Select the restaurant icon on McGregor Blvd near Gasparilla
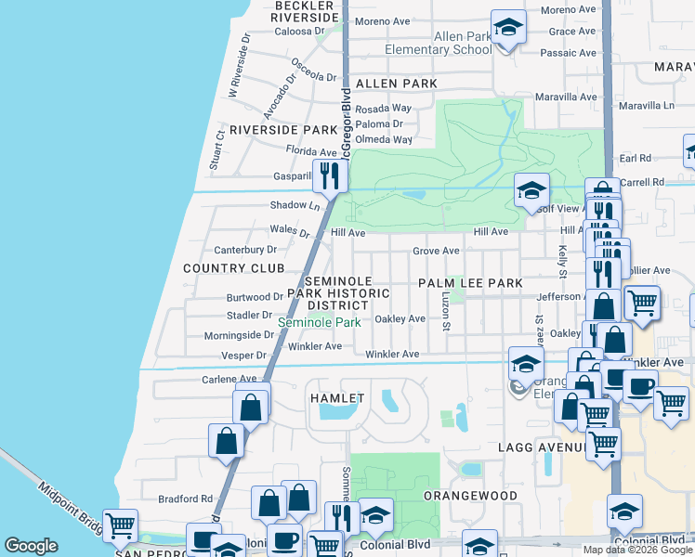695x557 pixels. tap(330, 175)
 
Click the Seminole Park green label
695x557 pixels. tap(319, 322)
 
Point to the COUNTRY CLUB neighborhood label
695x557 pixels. tap(233, 268)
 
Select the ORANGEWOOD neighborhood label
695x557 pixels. tap(470, 496)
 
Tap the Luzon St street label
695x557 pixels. tap(446, 312)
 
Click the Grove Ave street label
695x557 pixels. tap(436, 251)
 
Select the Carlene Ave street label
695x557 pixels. tap(229, 379)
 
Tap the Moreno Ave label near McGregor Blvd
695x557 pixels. tap(382, 21)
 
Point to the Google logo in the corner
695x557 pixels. tap(31, 546)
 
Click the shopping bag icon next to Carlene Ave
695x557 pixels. tap(251, 406)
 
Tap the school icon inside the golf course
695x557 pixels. tap(531, 191)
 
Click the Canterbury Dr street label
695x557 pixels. tap(245, 250)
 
